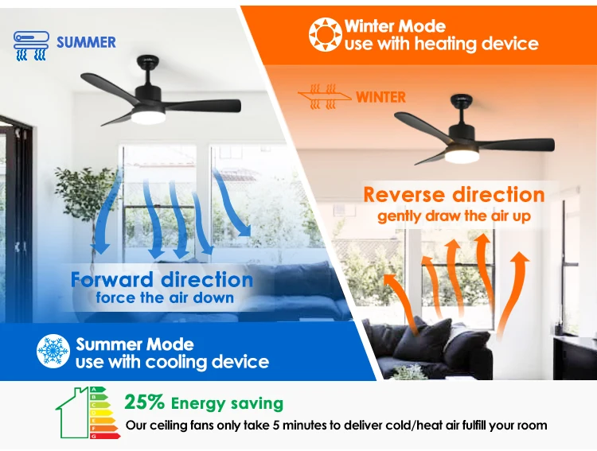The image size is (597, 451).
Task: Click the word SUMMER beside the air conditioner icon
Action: (86, 42)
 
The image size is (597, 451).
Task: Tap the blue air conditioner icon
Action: (31, 45)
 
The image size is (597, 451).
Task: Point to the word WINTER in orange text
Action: (380, 98)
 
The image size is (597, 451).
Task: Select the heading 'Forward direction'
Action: (162, 280)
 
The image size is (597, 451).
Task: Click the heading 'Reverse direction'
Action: (454, 195)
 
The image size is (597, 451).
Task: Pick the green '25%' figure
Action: (145, 403)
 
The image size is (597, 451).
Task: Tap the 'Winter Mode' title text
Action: (394, 26)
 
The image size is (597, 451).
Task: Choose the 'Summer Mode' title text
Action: (135, 344)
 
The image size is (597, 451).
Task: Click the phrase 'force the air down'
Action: (165, 298)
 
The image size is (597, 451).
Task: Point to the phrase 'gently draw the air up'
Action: (454, 216)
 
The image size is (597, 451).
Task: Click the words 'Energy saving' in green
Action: (227, 404)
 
